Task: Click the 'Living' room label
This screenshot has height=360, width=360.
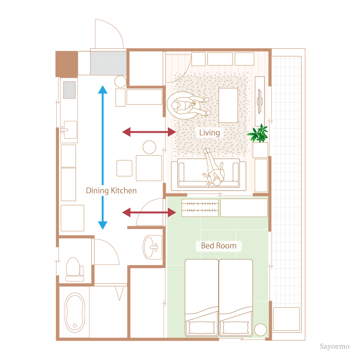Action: coord(210,133)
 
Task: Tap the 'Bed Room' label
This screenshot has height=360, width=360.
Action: coord(219,246)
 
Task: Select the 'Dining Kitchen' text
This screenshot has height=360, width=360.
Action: coord(111,190)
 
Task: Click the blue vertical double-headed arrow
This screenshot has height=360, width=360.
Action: coord(103,157)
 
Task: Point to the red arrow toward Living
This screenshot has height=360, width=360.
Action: coord(149,132)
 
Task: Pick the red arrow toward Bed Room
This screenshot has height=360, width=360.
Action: coord(149,212)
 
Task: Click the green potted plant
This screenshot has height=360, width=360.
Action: coord(259,134)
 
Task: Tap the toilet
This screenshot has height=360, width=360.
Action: coord(74,269)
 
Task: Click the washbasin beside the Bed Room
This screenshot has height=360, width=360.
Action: coord(151,247)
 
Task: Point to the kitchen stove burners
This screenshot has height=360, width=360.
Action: coord(69,90)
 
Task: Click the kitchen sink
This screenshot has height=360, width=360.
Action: coord(69,130)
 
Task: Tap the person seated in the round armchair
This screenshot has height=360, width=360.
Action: coord(185,105)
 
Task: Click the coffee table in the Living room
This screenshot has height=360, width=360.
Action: coord(228,105)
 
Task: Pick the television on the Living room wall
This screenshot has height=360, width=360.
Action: coord(260,101)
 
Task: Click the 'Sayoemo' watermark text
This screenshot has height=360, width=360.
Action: coord(335,347)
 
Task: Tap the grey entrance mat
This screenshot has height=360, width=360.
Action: coord(108,63)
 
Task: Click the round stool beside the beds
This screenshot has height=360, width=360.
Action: coord(261,329)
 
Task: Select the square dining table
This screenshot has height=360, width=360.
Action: coord(148,168)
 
